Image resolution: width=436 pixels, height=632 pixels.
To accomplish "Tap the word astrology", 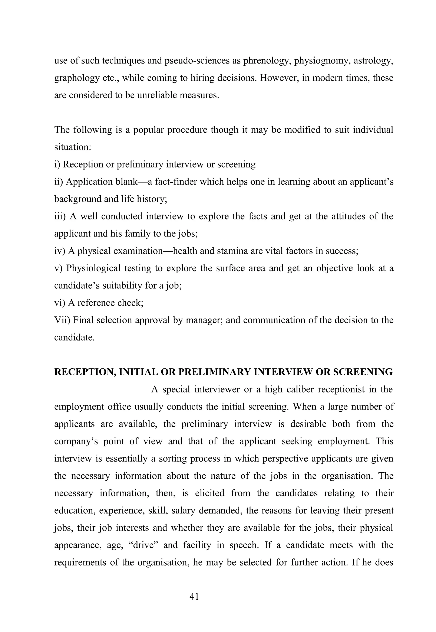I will point(373,61).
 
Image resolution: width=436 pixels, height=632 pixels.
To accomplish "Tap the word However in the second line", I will point(279,78).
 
